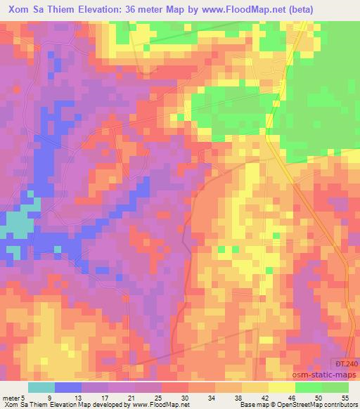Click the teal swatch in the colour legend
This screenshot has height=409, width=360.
[x=41, y=388]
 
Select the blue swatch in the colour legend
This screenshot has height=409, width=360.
[x=68, y=388]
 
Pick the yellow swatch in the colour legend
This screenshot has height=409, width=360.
[x=281, y=388]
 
